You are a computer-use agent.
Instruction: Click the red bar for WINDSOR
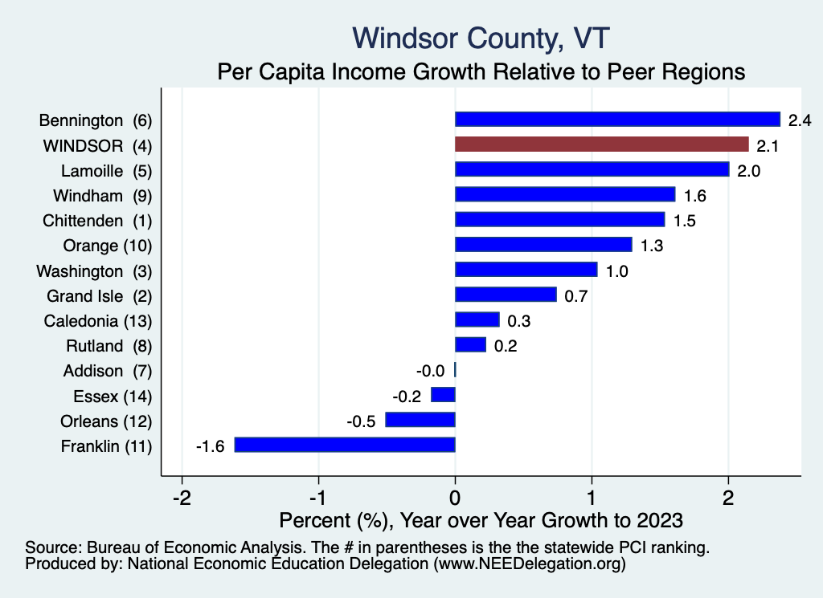(x=601, y=144)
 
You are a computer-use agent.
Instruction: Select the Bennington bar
(x=617, y=120)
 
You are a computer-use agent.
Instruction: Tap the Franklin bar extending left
(x=345, y=445)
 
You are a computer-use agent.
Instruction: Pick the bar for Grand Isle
(x=506, y=295)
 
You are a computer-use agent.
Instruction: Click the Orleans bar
(x=420, y=420)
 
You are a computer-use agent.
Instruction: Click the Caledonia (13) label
(x=97, y=320)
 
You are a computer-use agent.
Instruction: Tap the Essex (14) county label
(x=112, y=396)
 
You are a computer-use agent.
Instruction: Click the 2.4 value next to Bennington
(x=800, y=120)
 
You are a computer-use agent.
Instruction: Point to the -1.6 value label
(x=210, y=445)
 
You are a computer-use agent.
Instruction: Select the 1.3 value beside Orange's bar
(x=652, y=245)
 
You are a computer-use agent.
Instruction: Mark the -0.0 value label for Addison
(x=431, y=371)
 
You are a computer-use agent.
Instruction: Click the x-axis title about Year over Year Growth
(x=480, y=519)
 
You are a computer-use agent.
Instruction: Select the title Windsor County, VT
(x=481, y=38)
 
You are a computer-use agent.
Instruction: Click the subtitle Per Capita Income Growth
(x=481, y=71)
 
